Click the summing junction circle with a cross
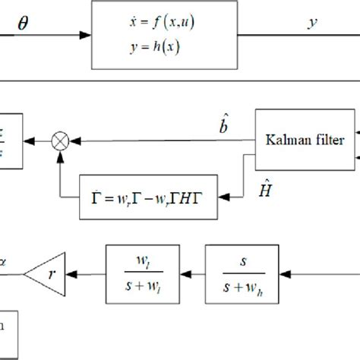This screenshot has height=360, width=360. tap(59, 140)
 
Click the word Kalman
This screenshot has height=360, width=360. tap(283, 140)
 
